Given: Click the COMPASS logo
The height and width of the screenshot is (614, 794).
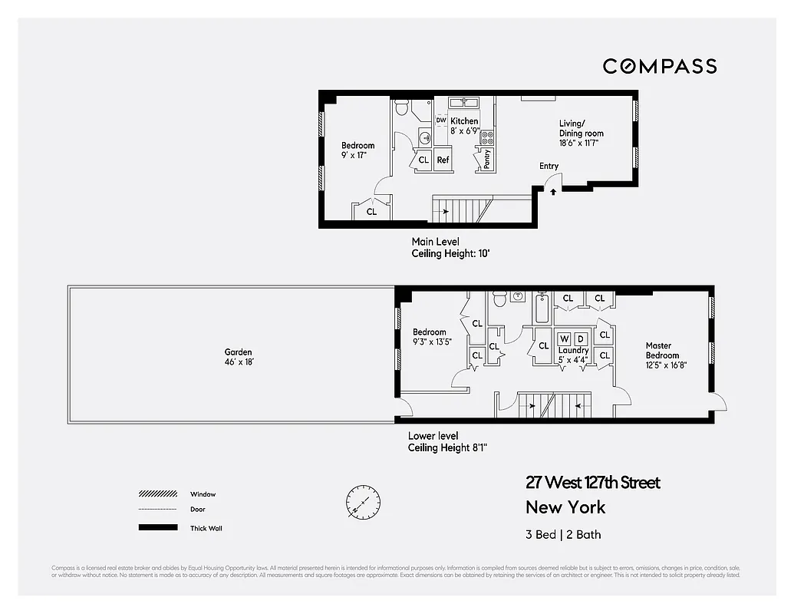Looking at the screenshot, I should (x=659, y=66).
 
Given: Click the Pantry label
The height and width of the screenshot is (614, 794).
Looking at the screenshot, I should (x=486, y=159).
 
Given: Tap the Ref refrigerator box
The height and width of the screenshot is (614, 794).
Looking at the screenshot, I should (x=443, y=160).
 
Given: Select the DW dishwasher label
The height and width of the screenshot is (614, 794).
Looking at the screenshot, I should (x=440, y=120).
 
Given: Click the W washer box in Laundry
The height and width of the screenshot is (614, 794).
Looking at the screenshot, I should (x=564, y=338).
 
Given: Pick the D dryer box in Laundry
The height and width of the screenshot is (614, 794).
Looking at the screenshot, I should (x=581, y=338).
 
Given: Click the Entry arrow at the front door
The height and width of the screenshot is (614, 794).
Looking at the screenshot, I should (x=552, y=191).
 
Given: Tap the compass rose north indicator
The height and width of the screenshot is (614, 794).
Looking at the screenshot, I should (x=362, y=503).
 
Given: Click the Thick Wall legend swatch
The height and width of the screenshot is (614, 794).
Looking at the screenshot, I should (x=157, y=528).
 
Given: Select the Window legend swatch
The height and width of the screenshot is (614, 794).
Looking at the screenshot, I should (x=157, y=494).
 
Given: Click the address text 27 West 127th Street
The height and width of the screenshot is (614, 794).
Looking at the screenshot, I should (x=592, y=483).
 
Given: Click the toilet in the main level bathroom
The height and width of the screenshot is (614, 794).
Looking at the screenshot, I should (x=402, y=110).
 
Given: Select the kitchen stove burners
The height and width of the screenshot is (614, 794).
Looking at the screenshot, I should (x=487, y=137).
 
